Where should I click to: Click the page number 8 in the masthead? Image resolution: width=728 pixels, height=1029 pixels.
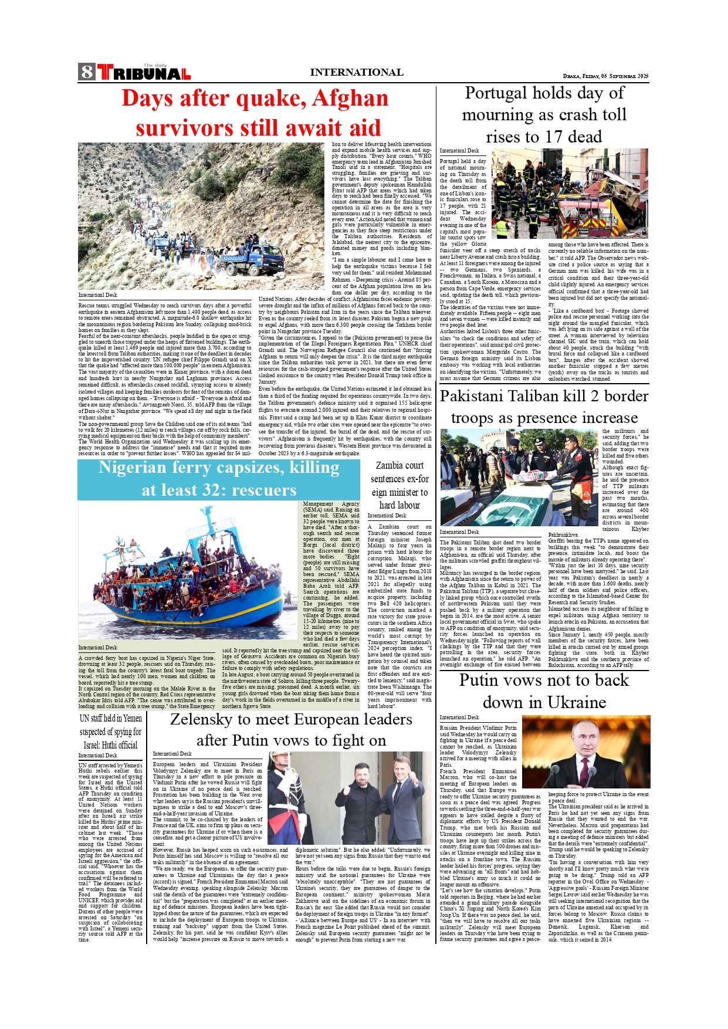point(87,72)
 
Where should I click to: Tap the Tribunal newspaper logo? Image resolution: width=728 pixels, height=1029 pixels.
point(144,73)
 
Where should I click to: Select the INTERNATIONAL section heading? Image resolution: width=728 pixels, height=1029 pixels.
point(356,72)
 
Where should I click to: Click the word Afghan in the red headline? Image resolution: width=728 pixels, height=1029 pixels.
point(350,98)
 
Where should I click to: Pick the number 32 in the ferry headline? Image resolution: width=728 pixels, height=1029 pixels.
point(215,490)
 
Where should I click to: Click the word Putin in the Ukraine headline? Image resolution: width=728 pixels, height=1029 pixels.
point(480,680)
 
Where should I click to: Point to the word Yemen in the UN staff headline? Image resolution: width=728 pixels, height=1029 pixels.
point(133,718)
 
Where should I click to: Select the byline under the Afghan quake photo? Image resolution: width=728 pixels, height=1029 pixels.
point(98,295)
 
